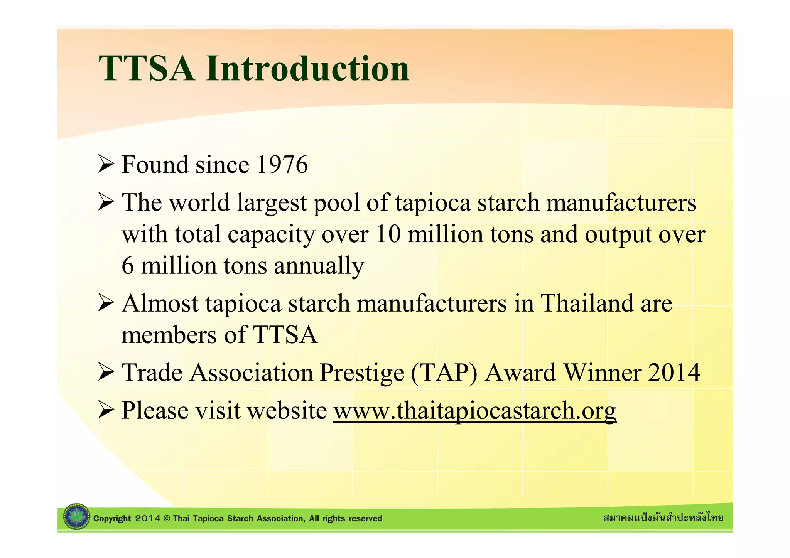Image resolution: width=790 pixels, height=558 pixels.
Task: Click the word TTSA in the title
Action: [x=147, y=69]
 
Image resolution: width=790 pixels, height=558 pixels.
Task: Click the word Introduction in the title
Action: [x=307, y=69]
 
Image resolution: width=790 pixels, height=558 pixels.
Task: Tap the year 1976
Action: [x=282, y=165]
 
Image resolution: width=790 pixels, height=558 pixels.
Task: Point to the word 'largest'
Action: [x=272, y=203]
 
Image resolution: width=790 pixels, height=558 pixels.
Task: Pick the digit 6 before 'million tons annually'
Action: [x=128, y=266]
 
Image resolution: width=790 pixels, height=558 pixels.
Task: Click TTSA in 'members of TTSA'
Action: [x=285, y=335]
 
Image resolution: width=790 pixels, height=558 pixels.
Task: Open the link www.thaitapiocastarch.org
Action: [x=474, y=410]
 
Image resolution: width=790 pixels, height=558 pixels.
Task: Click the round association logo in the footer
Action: [x=76, y=517]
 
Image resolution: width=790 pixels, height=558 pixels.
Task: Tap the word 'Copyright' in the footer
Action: [x=112, y=519]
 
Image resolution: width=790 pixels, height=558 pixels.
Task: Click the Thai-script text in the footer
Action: [x=663, y=518]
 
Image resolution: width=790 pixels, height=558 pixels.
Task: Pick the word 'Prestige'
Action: [x=362, y=373]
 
